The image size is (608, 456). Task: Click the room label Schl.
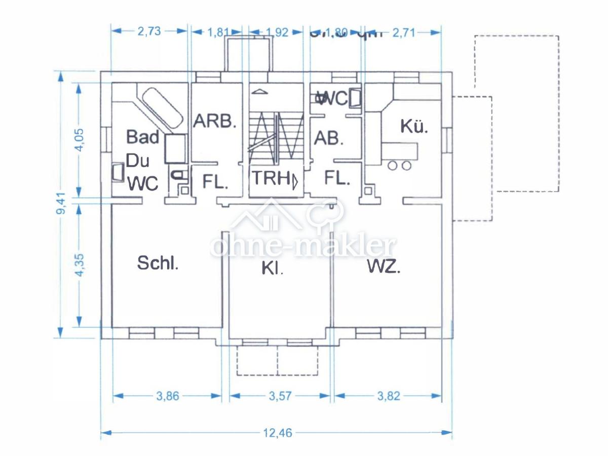click(158, 263)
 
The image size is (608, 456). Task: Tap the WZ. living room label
click(384, 267)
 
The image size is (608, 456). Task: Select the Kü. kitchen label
click(414, 126)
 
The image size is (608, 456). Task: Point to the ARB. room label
click(215, 121)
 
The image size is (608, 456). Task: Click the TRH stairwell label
click(271, 179)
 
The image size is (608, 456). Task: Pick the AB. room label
click(329, 138)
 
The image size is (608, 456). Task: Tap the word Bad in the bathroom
click(143, 137)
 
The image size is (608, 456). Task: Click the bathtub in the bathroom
click(161, 108)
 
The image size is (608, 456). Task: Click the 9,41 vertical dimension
click(61, 204)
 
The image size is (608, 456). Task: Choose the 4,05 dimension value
click(79, 140)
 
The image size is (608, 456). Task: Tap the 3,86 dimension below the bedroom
click(167, 396)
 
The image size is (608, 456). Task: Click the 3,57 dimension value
click(279, 396)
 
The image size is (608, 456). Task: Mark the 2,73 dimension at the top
click(149, 31)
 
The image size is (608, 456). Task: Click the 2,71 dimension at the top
click(403, 32)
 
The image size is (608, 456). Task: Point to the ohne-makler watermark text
click(302, 247)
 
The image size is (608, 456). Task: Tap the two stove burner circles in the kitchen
click(399, 165)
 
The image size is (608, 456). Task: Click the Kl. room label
click(273, 269)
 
